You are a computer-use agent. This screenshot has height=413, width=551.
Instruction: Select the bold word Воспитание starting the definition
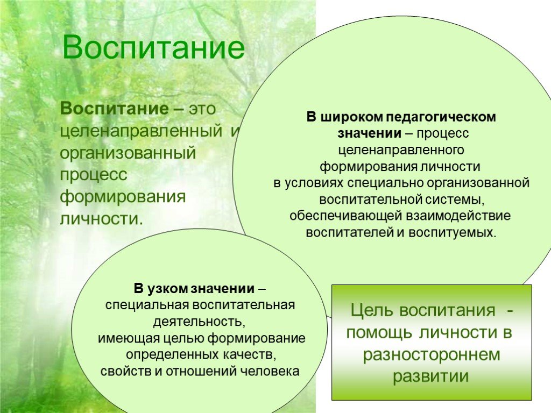click(115, 108)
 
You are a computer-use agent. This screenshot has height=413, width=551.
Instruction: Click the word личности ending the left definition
click(102, 218)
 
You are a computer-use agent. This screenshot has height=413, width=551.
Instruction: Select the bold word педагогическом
click(441, 117)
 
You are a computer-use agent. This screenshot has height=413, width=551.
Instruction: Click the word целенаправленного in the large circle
click(401, 150)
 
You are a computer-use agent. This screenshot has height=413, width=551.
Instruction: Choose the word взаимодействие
click(458, 216)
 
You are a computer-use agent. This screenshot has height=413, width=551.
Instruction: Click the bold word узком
click(167, 289)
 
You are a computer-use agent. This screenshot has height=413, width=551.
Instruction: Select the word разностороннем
click(432, 355)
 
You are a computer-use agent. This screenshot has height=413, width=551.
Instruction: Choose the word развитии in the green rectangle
click(431, 376)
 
